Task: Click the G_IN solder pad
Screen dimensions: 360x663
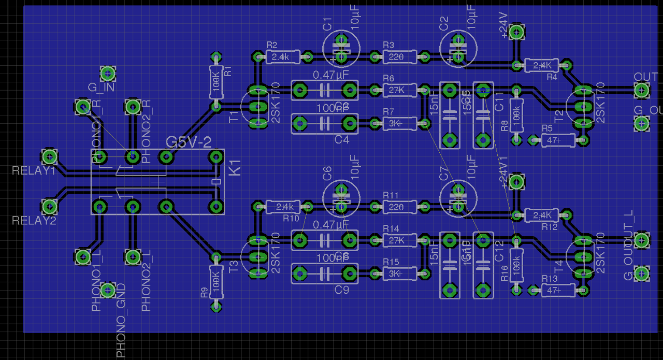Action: point(108,74)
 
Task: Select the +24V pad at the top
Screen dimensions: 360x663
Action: point(516,32)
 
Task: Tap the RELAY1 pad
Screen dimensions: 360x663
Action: point(50,156)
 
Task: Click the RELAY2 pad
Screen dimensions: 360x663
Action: point(50,207)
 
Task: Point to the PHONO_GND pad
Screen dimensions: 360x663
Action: point(108,290)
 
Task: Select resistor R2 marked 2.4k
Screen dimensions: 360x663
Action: point(283,56)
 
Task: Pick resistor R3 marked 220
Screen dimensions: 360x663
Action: point(399,56)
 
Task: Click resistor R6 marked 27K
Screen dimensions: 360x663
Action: point(399,91)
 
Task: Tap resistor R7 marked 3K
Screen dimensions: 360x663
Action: point(399,123)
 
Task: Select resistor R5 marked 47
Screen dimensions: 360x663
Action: point(558,140)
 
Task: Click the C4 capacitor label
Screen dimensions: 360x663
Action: point(342,139)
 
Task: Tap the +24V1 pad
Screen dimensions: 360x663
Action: point(516,182)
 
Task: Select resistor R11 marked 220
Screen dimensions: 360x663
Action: point(399,207)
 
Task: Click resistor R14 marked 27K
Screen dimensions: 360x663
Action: point(399,240)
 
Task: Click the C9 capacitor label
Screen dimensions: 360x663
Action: point(342,290)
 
